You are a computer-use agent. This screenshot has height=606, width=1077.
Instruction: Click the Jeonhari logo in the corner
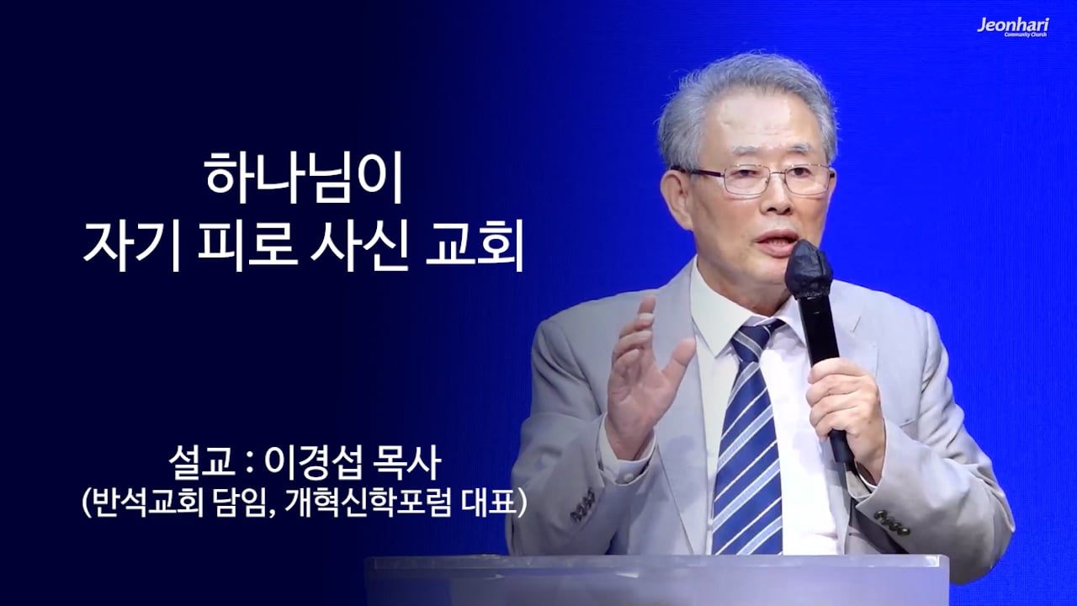[x=1012, y=27]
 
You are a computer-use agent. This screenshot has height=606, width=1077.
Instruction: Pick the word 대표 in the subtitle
[x=490, y=502]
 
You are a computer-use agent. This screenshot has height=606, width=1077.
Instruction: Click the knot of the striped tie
[x=755, y=337]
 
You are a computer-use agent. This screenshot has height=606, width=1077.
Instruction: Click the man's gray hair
[x=745, y=97]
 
